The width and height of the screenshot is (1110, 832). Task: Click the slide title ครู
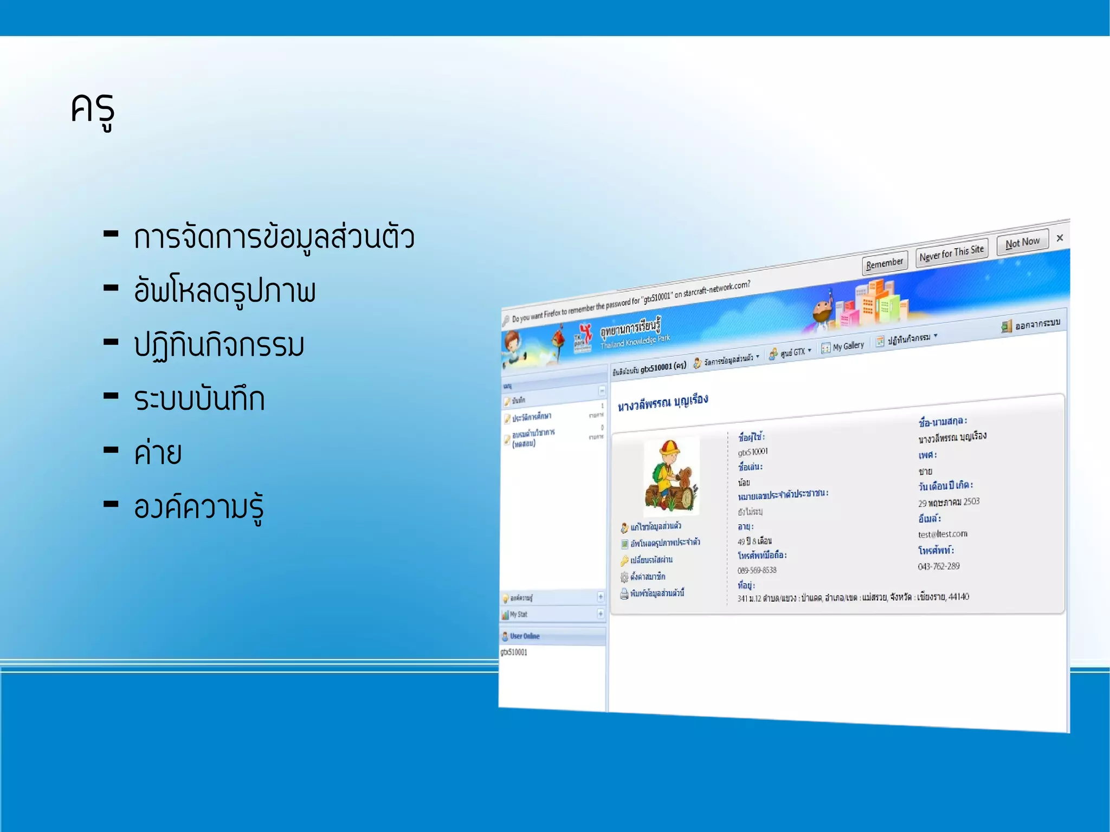[x=93, y=110]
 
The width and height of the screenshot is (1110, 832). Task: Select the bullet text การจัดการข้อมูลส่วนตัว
[x=274, y=237]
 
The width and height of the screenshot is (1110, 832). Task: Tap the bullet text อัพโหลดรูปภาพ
[x=224, y=291]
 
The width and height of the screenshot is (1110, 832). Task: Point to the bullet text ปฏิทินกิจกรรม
[x=219, y=345]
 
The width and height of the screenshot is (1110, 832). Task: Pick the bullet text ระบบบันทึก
[x=199, y=399]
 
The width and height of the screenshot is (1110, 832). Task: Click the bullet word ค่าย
[x=157, y=453]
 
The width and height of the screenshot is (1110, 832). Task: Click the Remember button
[x=884, y=263]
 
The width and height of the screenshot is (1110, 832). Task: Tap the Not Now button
[x=1022, y=242]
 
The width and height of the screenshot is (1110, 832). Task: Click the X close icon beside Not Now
[x=1060, y=238]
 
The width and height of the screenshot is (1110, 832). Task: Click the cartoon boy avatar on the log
[x=670, y=476]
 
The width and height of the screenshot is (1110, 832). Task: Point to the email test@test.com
[x=942, y=534]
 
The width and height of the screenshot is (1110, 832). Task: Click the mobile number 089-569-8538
[x=757, y=570]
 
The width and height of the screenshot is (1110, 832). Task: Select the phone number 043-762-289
[x=938, y=566]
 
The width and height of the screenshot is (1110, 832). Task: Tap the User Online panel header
[x=524, y=636]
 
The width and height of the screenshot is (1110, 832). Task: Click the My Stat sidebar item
[x=518, y=615]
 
